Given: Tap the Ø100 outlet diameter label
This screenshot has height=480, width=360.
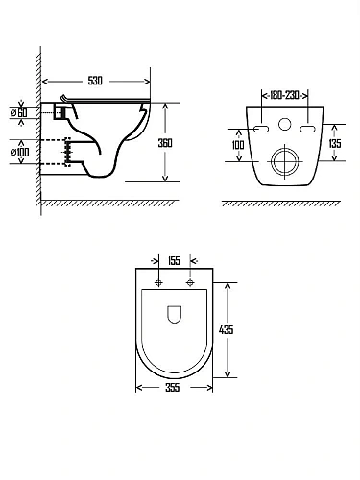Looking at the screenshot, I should pyautogui.click(x=19, y=152).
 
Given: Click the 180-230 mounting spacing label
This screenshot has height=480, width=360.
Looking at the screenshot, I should pyautogui.click(x=283, y=95).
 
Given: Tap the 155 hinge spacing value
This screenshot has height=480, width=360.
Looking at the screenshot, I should pyautogui.click(x=174, y=260).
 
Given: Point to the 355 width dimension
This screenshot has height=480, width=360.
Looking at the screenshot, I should pyautogui.click(x=174, y=388).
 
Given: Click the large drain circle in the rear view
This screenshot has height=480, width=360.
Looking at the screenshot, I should pyautogui.click(x=284, y=159).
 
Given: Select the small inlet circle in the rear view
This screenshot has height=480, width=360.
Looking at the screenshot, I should pyautogui.click(x=284, y=125).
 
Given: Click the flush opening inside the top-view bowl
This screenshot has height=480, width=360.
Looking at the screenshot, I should pyautogui.click(x=174, y=314).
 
